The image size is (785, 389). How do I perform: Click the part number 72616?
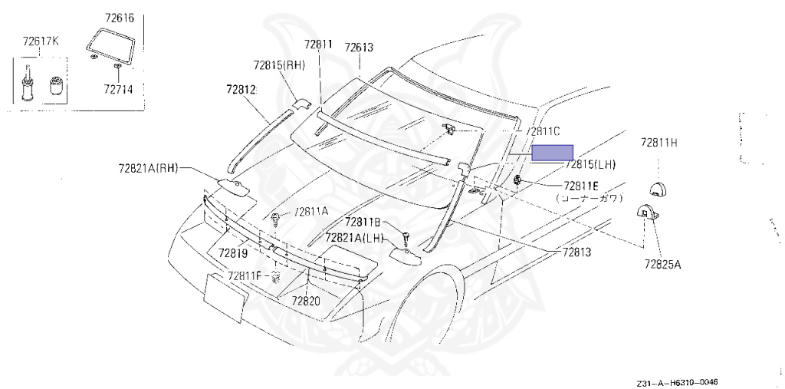(119, 18)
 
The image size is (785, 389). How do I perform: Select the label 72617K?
(40, 41)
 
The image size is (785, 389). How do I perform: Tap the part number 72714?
(118, 90)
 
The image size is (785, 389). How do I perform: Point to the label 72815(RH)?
(279, 64)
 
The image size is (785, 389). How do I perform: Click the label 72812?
(241, 89)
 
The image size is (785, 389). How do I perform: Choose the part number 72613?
(359, 48)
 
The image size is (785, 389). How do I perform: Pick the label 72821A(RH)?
(149, 169)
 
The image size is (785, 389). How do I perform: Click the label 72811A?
(310, 212)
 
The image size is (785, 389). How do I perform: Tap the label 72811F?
(245, 275)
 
